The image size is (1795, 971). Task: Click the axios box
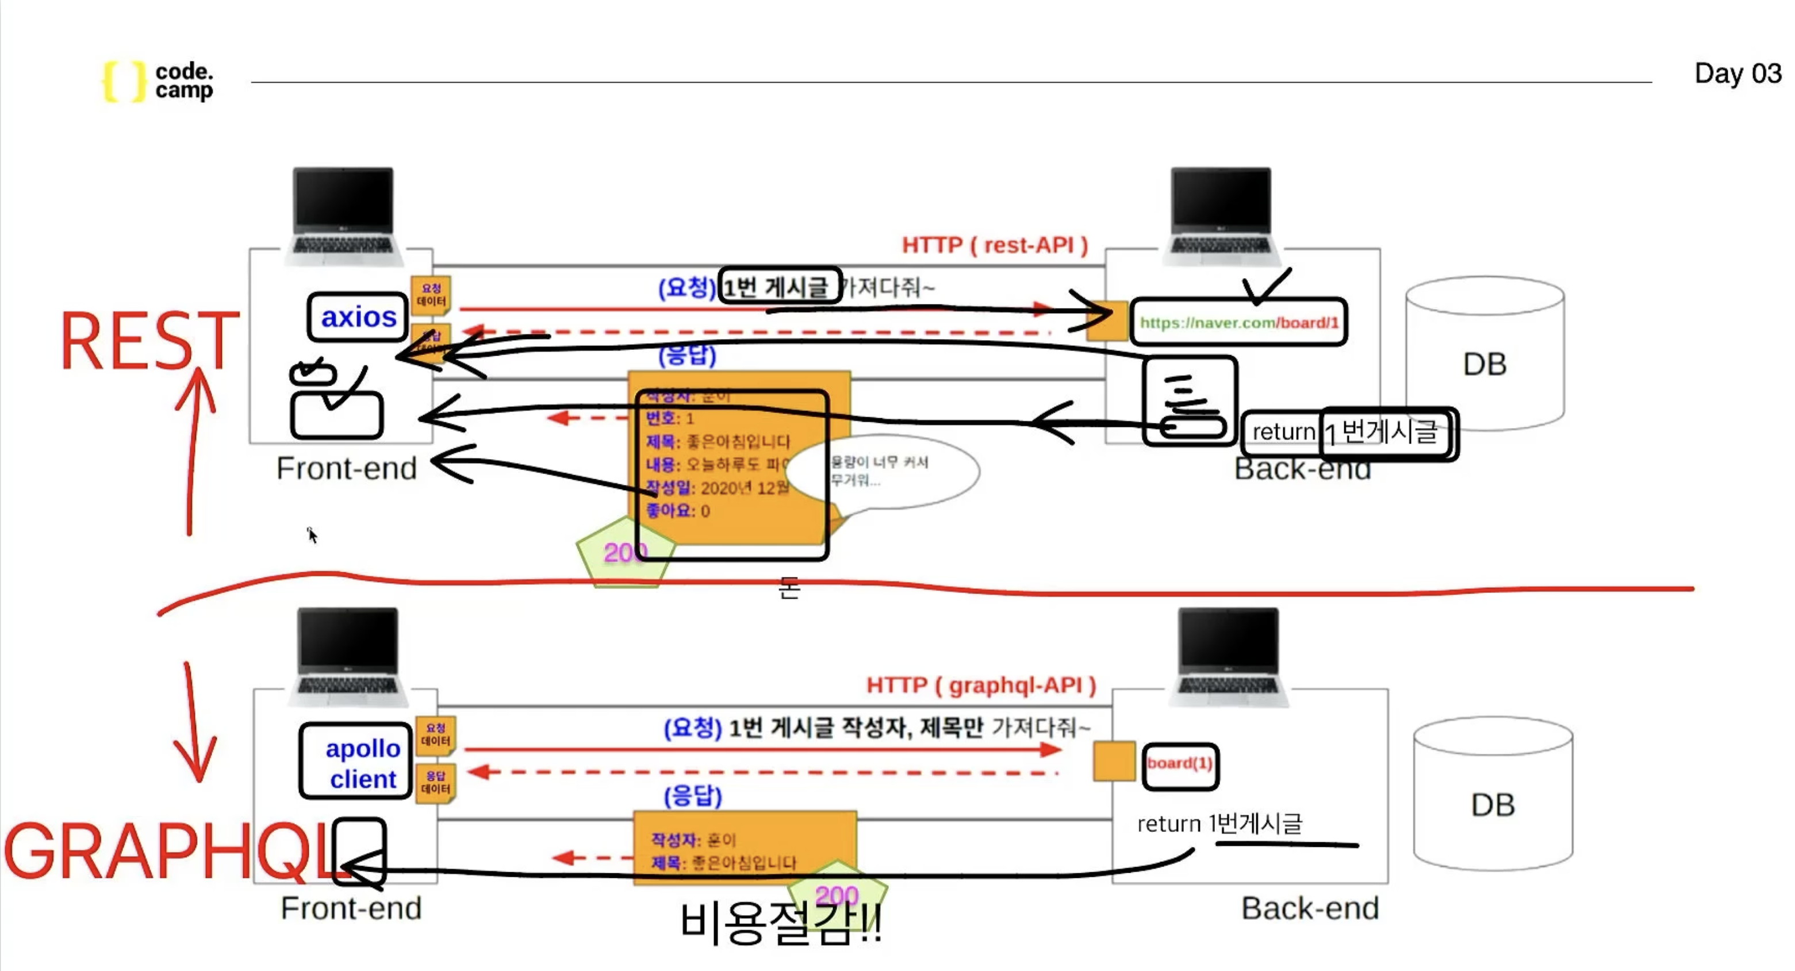pyautogui.click(x=358, y=317)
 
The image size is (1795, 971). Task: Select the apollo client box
pyautogui.click(x=356, y=761)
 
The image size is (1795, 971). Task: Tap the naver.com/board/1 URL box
pyautogui.click(x=1238, y=322)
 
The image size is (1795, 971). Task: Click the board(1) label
pyautogui.click(x=1180, y=764)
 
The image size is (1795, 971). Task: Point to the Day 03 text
pyautogui.click(x=1737, y=73)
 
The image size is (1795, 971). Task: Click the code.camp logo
pyautogui.click(x=159, y=81)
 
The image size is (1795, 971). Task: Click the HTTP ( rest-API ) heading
pyautogui.click(x=994, y=245)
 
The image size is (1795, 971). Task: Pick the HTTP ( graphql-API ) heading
pyautogui.click(x=980, y=685)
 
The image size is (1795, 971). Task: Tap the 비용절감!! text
pyautogui.click(x=780, y=923)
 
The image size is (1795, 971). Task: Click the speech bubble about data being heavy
pyautogui.click(x=884, y=472)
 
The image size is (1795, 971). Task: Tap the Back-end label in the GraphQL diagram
pyautogui.click(x=1309, y=908)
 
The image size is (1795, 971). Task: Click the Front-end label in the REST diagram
pyautogui.click(x=346, y=468)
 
